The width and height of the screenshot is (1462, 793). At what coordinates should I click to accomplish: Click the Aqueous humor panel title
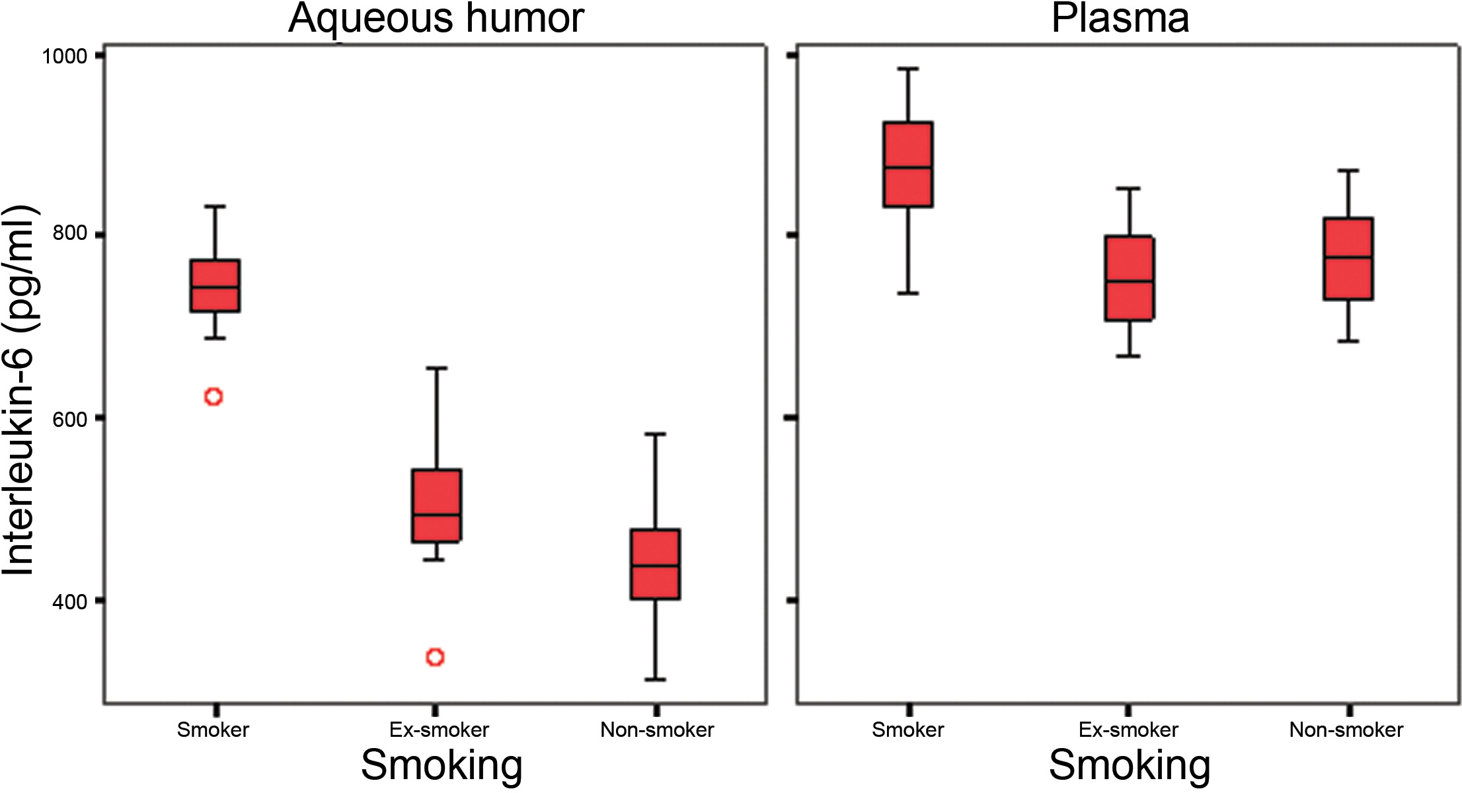436,19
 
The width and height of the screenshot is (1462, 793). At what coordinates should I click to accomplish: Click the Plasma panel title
1120,19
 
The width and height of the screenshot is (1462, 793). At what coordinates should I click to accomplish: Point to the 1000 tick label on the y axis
65,56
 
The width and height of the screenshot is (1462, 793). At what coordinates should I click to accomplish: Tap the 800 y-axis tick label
69,234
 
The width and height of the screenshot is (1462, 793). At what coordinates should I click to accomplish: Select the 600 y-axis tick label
69,419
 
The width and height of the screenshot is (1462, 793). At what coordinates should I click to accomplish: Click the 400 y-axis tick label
69,602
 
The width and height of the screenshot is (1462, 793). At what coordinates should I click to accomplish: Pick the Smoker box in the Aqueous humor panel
215,285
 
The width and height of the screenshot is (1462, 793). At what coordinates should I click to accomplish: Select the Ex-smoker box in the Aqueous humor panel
436,506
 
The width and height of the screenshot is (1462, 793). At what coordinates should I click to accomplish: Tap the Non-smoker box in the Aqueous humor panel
655,564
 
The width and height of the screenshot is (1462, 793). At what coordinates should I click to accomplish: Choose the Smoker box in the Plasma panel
908,165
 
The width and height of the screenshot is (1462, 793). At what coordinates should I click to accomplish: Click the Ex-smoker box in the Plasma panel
1130,278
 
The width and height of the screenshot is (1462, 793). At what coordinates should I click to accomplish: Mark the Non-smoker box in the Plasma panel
1348,259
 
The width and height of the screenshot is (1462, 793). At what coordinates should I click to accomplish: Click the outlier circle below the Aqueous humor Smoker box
213,397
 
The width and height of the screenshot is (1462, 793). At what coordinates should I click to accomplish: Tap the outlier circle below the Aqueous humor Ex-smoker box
435,657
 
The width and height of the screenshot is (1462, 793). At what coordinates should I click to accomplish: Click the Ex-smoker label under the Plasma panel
1128,730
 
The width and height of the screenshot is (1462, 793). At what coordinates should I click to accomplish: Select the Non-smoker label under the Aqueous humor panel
657,730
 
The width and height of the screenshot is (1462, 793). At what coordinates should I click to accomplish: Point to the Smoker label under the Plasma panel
907,730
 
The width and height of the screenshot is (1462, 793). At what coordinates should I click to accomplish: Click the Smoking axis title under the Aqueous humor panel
442,765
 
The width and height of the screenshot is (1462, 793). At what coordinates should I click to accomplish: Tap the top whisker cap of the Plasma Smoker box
908,69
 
